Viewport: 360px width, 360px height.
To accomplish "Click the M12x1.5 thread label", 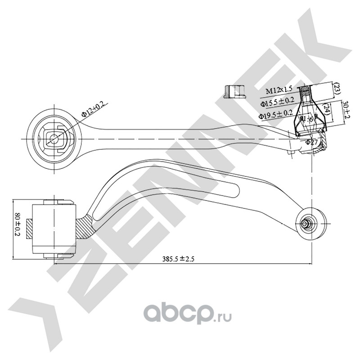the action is [279, 91].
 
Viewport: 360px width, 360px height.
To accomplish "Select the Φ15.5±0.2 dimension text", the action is [278, 103].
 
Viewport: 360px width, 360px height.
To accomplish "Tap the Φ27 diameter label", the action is [312, 142].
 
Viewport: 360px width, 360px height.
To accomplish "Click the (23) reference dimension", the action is [336, 89].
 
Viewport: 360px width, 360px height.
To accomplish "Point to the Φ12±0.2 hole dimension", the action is [93, 109].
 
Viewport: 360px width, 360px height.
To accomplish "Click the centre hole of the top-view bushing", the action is [54, 139].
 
